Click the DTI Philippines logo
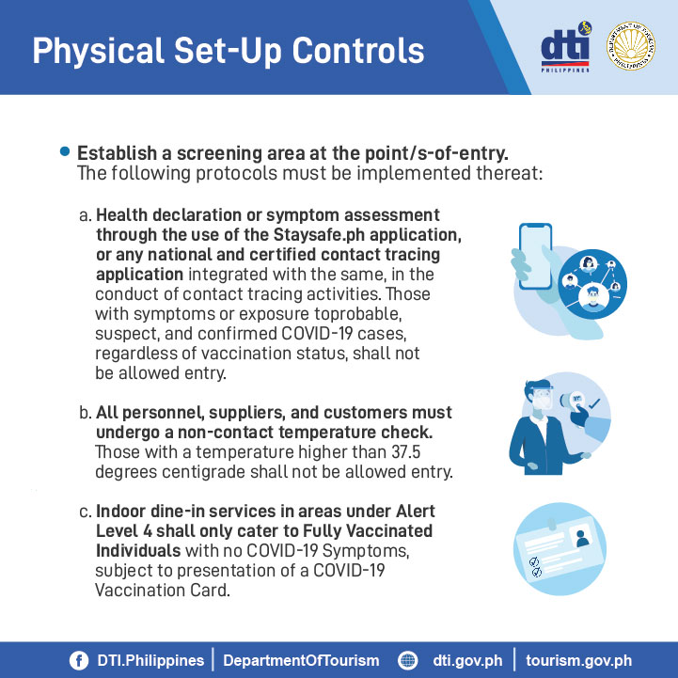566,47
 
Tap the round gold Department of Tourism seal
630,46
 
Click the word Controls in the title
358,51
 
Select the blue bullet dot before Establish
65,151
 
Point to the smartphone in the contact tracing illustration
535,256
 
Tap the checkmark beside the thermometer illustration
593,403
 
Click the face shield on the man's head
543,396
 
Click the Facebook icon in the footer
79,660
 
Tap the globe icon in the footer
407,660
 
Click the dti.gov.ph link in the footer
467,661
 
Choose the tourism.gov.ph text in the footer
578,661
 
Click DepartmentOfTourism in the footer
301,661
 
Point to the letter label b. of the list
86,413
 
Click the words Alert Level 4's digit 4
147,531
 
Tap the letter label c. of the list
86,512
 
